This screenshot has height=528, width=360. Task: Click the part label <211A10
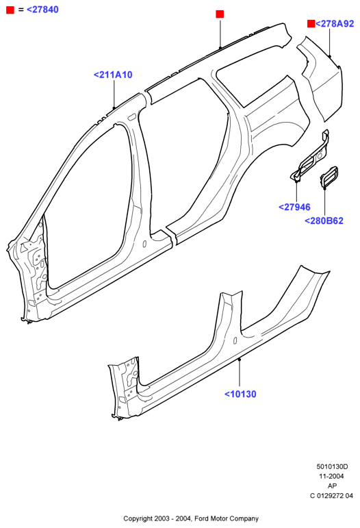click(113, 75)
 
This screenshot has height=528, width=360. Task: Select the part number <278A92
click(335, 23)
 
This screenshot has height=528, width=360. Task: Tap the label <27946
click(294, 207)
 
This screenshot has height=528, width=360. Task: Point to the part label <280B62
click(324, 221)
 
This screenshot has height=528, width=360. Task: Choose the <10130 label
click(240, 394)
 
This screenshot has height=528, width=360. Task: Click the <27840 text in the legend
click(42, 10)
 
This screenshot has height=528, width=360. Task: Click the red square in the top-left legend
click(10, 10)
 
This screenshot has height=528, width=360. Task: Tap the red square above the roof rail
click(220, 14)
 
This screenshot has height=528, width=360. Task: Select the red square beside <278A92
click(311, 23)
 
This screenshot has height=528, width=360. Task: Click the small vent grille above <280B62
click(329, 177)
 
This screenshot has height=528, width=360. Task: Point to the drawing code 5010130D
click(332, 467)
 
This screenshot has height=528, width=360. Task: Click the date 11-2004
click(332, 476)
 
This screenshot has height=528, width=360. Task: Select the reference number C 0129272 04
click(332, 496)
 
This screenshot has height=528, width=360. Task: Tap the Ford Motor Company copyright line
click(191, 518)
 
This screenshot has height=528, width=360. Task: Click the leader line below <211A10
click(114, 95)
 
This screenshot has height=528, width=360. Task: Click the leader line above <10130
click(240, 373)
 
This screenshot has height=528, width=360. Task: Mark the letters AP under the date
click(332, 486)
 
